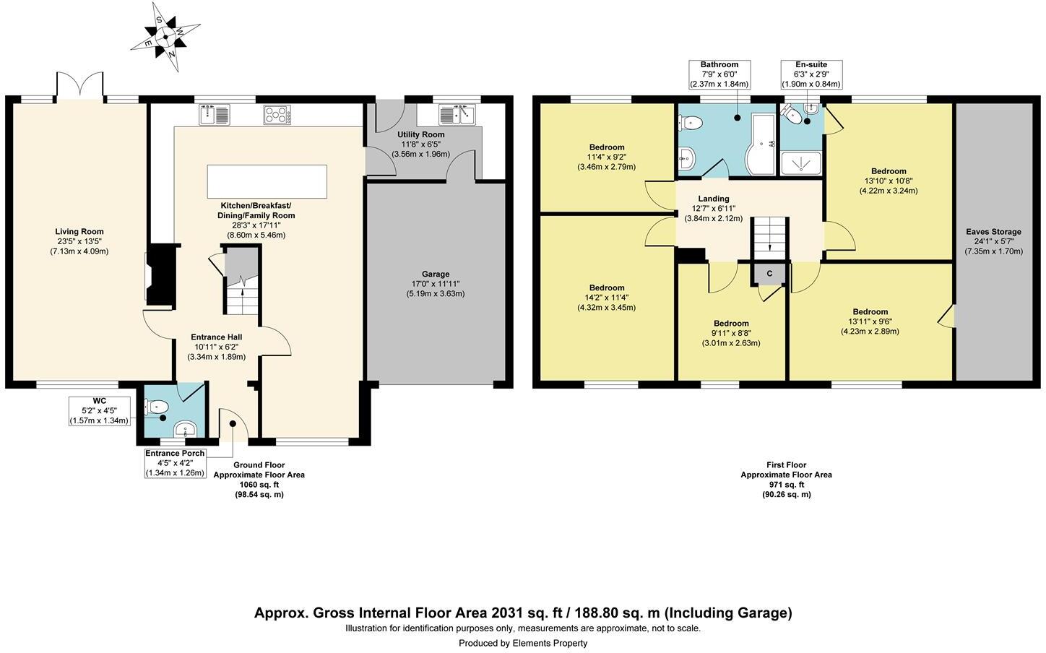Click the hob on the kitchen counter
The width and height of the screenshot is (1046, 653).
pyautogui.click(x=277, y=114)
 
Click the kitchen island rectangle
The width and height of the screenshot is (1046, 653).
pyautogui.click(x=267, y=181)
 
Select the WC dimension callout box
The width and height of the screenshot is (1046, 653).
pyautogui.click(x=99, y=411)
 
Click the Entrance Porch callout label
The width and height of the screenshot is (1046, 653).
pyautogui.click(x=175, y=463)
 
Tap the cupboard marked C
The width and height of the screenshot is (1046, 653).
pyautogui.click(x=769, y=274)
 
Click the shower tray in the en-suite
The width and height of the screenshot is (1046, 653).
pyautogui.click(x=801, y=163)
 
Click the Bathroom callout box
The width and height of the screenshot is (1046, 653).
pyautogui.click(x=719, y=74)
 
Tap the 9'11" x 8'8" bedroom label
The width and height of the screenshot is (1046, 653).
pyautogui.click(x=731, y=333)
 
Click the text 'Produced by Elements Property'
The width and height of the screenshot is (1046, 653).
pyautogui.click(x=523, y=643)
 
